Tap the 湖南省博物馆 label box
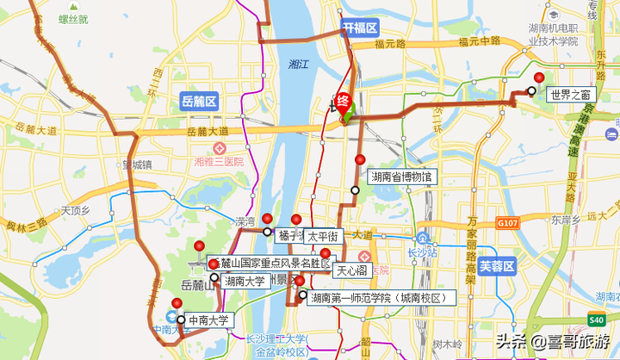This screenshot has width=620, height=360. [401, 177]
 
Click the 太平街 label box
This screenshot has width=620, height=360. [324, 235]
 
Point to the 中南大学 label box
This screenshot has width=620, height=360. [209, 321]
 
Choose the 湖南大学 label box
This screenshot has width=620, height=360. [245, 281]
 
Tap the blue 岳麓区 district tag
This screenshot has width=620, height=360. [199, 102]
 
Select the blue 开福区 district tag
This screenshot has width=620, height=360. [360, 28]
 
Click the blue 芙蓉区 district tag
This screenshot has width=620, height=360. [497, 266]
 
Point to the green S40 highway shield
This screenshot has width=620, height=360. [598, 320]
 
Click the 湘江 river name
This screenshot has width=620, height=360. [300, 64]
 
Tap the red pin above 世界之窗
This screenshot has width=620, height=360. [540, 78]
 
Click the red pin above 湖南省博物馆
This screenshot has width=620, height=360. [360, 159]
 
